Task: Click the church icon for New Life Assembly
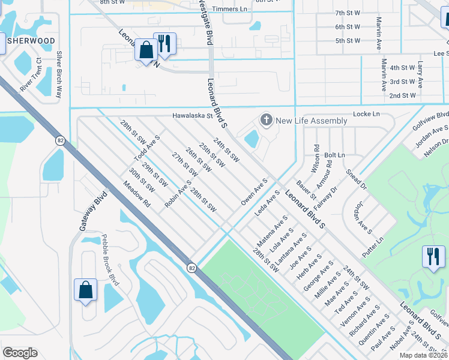point(266,121)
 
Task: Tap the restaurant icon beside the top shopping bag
point(164,43)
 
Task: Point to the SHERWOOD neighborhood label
point(31,41)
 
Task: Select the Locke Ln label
point(368,113)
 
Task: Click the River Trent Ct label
point(30,74)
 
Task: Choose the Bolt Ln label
point(335,155)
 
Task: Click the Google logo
point(20,353)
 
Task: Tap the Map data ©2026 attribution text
point(424,355)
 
